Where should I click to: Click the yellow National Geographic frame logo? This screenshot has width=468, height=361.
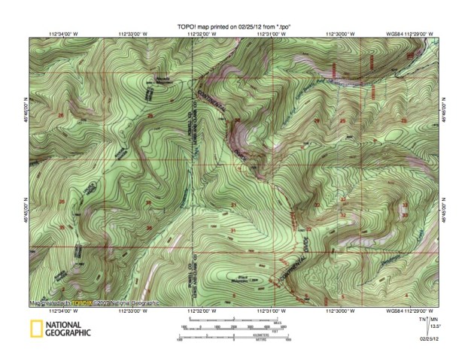click(35, 328)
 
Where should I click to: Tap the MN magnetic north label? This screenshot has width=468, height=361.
click(436, 320)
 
